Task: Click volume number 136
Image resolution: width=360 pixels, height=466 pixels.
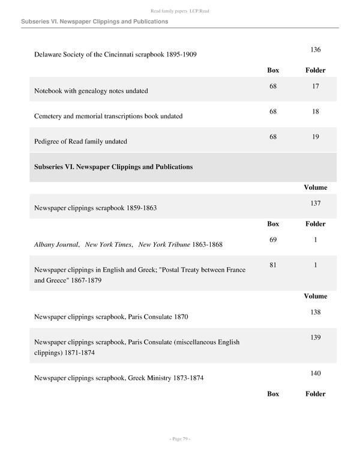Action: [315, 49]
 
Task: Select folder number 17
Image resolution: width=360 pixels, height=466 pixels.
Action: [315, 86]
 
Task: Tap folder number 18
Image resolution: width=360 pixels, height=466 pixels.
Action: [315, 112]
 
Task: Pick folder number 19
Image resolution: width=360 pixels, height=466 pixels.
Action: [315, 137]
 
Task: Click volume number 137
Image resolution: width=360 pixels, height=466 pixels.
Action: [315, 204]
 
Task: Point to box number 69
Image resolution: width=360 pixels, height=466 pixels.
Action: [273, 240]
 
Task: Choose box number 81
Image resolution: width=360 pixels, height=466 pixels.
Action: [273, 265]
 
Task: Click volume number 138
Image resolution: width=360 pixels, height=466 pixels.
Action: [315, 312]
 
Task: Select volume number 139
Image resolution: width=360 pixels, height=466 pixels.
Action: [315, 337]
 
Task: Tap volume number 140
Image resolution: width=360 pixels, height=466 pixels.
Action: [315, 374]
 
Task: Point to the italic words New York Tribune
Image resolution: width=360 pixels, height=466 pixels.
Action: [164, 244]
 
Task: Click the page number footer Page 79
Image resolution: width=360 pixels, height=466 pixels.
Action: [180, 439]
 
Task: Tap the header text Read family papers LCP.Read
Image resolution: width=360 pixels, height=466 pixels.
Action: [180, 11]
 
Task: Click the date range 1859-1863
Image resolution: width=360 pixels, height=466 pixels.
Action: [142, 208]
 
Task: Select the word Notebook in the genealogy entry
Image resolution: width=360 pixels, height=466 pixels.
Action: [49, 91]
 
